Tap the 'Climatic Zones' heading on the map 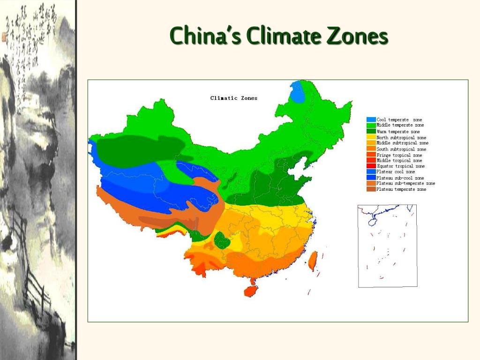click(233, 98)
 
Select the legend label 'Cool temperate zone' click(399, 120)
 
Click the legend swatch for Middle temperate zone click(371, 125)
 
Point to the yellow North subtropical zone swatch click(371, 137)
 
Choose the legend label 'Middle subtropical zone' click(402, 143)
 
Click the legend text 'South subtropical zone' click(401, 149)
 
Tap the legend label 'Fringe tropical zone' click(399, 155)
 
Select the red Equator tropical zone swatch click(371, 166)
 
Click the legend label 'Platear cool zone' click(396, 172)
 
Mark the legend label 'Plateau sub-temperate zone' click(405, 183)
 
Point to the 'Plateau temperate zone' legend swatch click(371, 189)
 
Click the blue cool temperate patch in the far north click(297, 92)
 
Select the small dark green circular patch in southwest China click(222, 240)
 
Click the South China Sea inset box click(387, 246)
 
